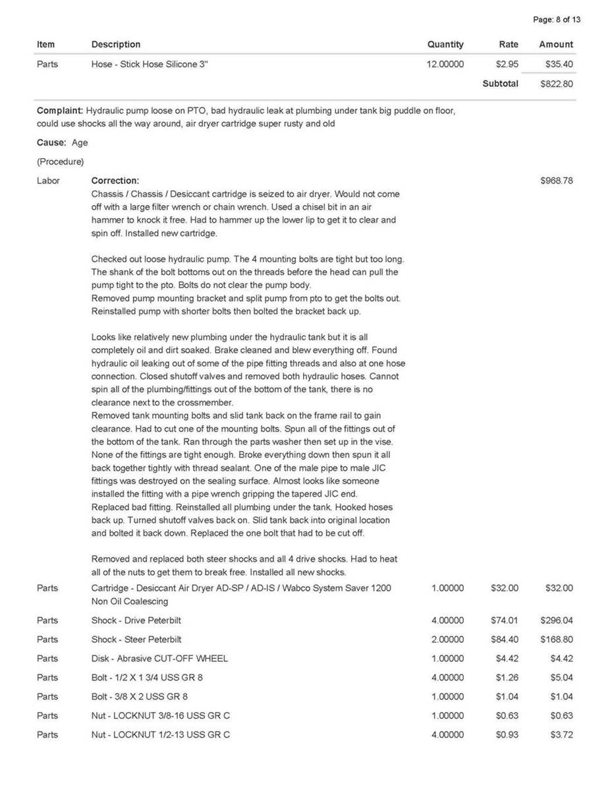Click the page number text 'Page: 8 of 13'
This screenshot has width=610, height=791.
557,20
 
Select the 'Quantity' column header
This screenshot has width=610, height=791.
445,45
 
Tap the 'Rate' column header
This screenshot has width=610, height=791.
508,45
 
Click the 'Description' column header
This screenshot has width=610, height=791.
116,45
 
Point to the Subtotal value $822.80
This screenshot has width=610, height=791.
557,84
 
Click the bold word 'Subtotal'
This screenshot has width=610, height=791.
500,84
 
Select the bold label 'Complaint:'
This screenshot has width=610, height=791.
60,111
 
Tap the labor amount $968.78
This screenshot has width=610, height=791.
557,181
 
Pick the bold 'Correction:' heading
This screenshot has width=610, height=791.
115,181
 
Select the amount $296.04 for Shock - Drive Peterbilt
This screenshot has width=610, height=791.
557,620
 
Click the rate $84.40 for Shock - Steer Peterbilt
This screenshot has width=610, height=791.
505,639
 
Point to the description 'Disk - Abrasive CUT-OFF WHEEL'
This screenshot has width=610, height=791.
159,659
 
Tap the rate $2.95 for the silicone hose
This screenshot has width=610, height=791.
507,64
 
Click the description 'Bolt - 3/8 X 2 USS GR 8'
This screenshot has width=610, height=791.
142,697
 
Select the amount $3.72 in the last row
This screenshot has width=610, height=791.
561,735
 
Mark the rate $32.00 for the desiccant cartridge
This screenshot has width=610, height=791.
505,588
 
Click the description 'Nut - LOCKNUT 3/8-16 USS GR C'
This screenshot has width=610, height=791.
161,716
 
